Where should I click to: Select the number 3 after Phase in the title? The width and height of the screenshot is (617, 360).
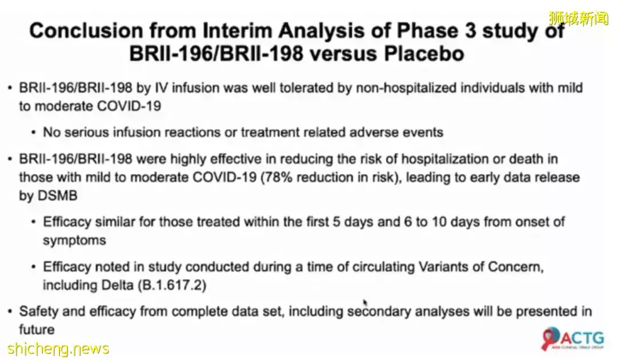click(x=470, y=31)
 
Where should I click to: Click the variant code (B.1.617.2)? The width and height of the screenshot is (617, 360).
click(x=171, y=285)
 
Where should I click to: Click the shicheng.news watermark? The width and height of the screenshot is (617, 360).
click(x=58, y=349)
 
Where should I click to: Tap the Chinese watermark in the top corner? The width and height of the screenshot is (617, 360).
click(x=578, y=18)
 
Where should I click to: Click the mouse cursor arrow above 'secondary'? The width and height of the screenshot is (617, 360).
click(x=365, y=302)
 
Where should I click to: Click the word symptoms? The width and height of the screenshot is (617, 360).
click(x=74, y=240)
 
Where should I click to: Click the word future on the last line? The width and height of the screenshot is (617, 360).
click(x=37, y=329)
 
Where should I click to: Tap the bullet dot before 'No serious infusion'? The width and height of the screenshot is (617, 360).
click(x=34, y=133)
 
